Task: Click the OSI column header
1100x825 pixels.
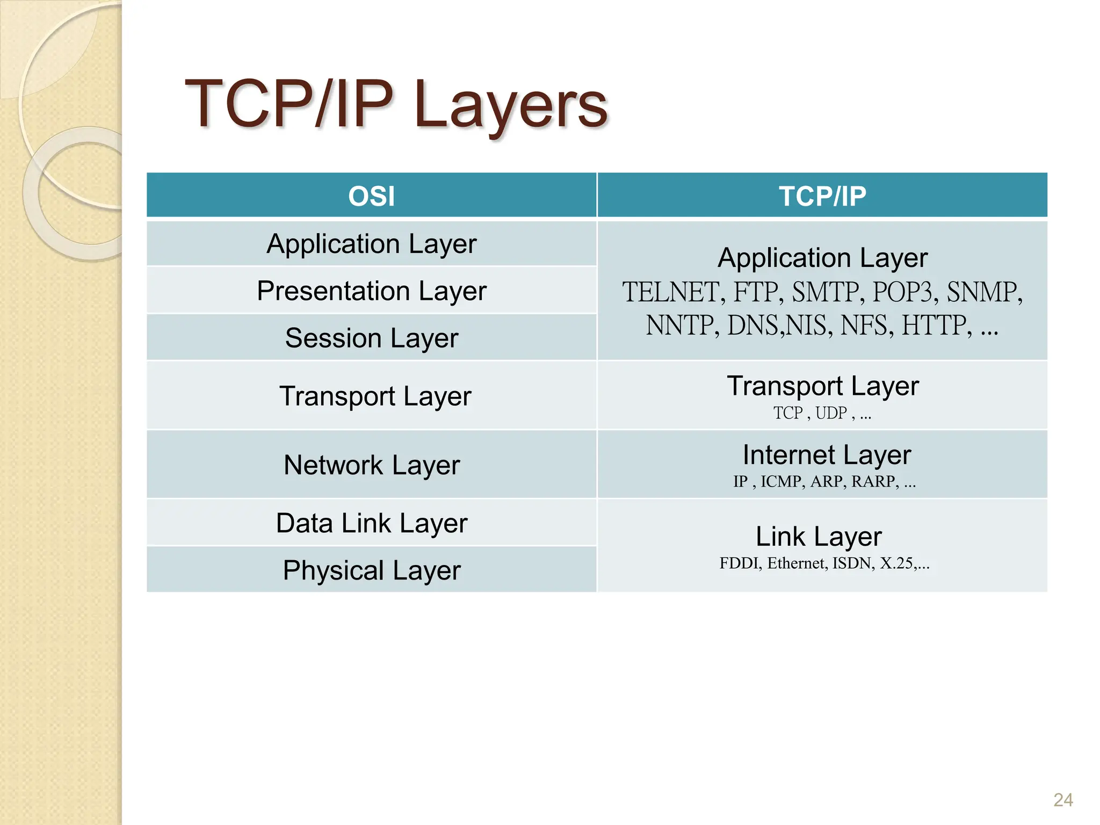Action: click(x=371, y=196)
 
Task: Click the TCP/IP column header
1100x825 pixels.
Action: click(x=822, y=196)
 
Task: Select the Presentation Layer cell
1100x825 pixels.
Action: click(x=371, y=291)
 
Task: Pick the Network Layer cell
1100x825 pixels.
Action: click(x=371, y=465)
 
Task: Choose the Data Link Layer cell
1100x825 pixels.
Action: click(x=371, y=523)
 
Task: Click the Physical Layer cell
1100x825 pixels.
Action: click(x=371, y=570)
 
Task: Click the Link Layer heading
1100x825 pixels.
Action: click(x=819, y=537)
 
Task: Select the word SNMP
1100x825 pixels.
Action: click(x=983, y=293)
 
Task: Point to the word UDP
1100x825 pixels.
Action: click(x=831, y=413)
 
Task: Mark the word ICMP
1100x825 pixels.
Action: click(x=782, y=482)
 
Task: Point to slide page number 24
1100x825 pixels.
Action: click(x=1063, y=800)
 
